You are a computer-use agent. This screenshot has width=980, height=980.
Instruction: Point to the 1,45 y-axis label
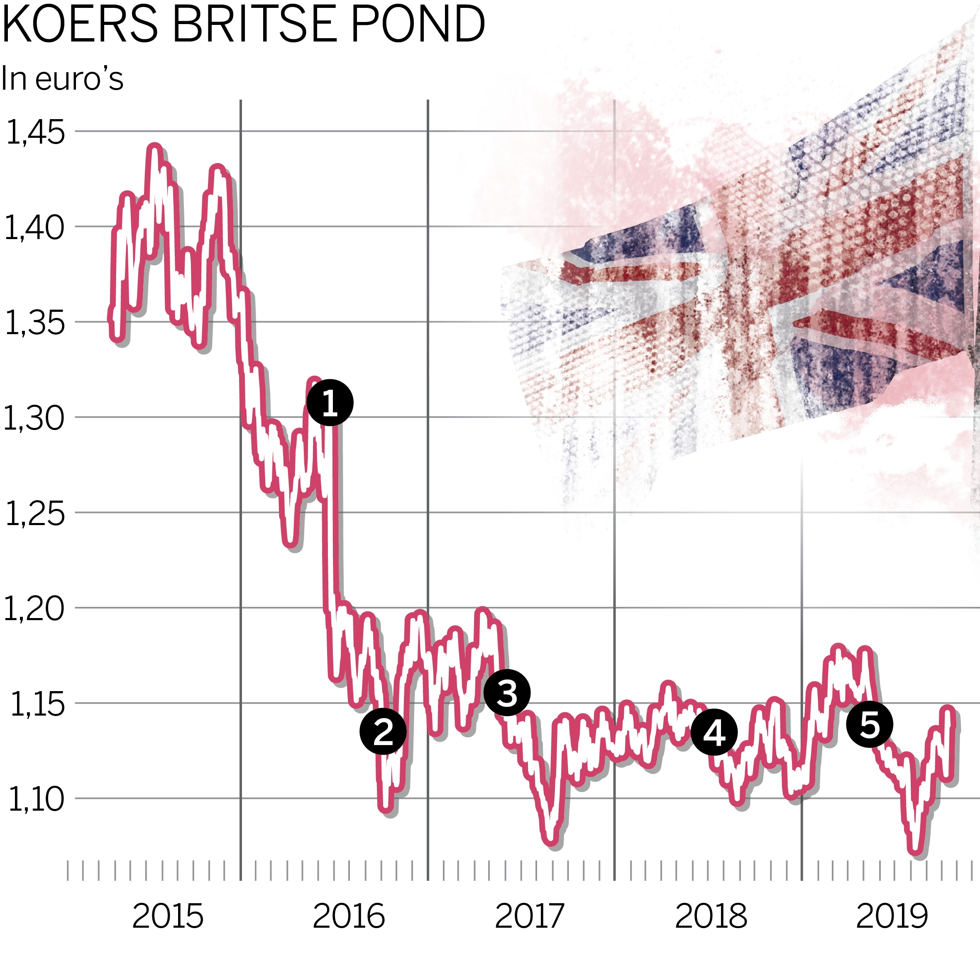[x=35, y=132]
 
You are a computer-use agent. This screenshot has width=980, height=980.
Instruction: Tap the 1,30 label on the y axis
[x=34, y=418]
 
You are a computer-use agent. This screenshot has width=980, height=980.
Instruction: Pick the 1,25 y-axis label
[x=35, y=514]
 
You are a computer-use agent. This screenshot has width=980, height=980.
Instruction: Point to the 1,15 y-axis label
[x=37, y=704]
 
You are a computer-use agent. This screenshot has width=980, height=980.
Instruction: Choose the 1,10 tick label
[x=36, y=800]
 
